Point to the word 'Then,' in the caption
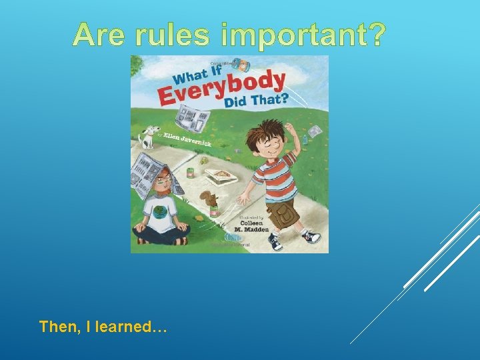(x=58, y=327)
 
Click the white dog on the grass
(x=149, y=137)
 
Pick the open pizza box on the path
(x=219, y=176)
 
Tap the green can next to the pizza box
(x=190, y=173)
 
